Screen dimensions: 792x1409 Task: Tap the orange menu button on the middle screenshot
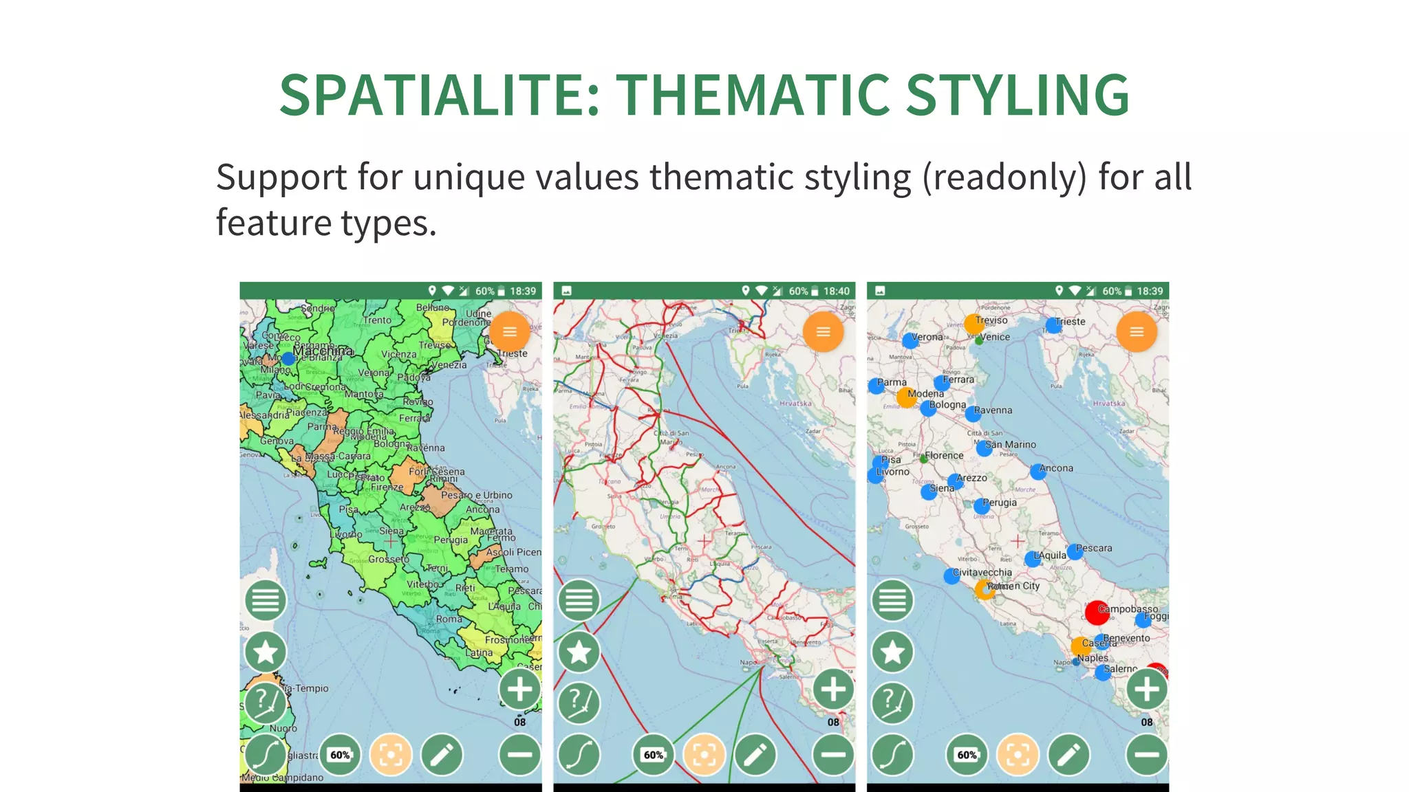(823, 332)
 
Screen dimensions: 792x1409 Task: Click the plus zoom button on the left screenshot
(520, 689)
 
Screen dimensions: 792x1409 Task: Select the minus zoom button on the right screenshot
(1147, 755)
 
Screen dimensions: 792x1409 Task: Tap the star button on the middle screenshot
(579, 652)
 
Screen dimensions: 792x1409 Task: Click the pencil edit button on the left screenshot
(442, 755)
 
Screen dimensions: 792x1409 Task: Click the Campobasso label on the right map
(1128, 609)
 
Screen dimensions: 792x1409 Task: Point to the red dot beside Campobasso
(1096, 612)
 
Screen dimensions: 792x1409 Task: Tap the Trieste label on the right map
(1071, 322)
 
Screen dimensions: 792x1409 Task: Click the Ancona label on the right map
(1056, 468)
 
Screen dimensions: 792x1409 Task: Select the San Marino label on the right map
(1010, 445)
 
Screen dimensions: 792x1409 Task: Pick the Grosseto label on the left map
(388, 559)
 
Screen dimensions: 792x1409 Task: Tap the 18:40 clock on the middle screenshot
(837, 291)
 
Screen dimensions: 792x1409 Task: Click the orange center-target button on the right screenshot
(1018, 755)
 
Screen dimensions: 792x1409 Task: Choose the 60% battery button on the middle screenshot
(653, 755)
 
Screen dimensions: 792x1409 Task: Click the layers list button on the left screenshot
(266, 600)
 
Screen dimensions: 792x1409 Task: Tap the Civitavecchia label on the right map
(982, 573)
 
